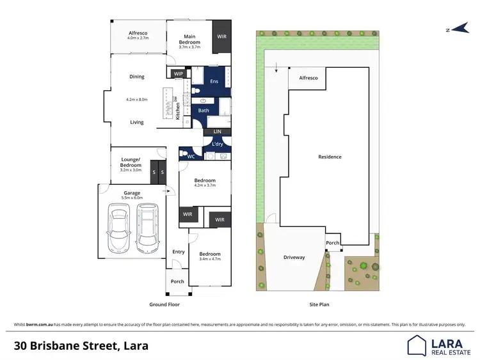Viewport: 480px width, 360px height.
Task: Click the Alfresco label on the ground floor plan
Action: (x=138, y=33)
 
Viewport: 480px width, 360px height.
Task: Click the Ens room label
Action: (x=214, y=82)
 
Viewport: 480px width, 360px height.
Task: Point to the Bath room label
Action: (x=204, y=111)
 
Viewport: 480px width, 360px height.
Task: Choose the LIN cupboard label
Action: (x=217, y=132)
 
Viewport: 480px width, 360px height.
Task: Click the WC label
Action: (x=191, y=156)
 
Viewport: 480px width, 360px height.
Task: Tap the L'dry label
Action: (x=217, y=145)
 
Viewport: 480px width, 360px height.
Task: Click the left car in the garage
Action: (x=118, y=228)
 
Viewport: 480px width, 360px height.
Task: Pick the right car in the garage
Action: (x=147, y=228)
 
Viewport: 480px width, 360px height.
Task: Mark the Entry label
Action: (x=179, y=252)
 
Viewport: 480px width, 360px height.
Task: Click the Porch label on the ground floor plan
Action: (x=177, y=281)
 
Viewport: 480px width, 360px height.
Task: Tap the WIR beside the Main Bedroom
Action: (x=221, y=37)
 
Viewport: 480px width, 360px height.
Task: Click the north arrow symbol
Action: (x=458, y=29)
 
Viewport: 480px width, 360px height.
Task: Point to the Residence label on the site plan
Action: (x=330, y=157)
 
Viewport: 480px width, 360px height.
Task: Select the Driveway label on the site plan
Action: (x=294, y=258)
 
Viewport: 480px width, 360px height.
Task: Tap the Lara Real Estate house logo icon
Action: (x=417, y=345)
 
